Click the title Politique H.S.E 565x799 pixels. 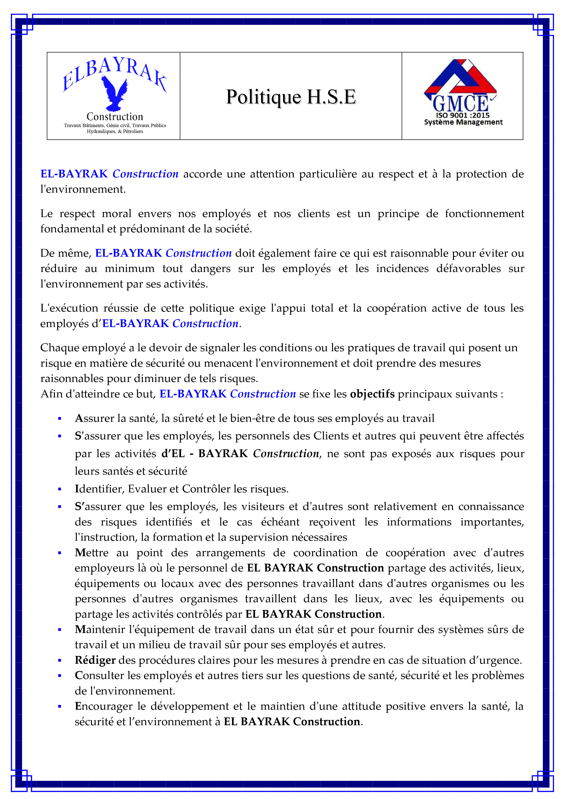point(291,97)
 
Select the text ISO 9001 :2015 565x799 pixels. point(463,115)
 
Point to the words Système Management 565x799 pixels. point(463,122)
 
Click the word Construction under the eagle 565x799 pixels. point(115,117)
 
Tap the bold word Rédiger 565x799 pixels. point(95,660)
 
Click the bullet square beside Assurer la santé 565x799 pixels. point(59,419)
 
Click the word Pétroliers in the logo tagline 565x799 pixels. point(133,132)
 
